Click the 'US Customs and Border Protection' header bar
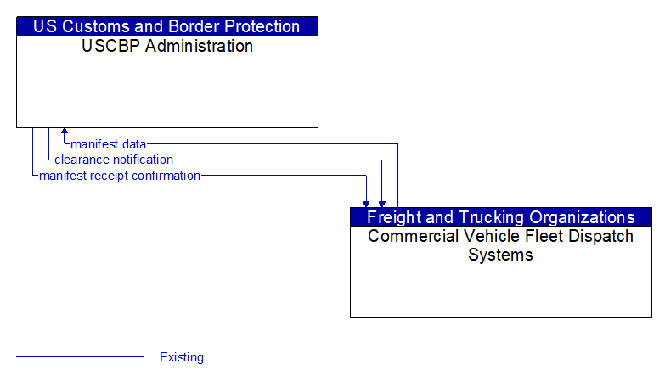tap(166, 26)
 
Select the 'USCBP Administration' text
tap(166, 47)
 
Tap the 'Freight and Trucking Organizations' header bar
tap(500, 217)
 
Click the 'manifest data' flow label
tap(109, 144)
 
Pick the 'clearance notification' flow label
tap(114, 160)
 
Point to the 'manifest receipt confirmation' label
tap(120, 176)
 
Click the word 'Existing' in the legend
tap(182, 357)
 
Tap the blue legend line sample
tap(80, 357)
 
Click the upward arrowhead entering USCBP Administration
tap(65, 132)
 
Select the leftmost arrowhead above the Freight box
tap(366, 203)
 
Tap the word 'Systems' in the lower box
tap(500, 255)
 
